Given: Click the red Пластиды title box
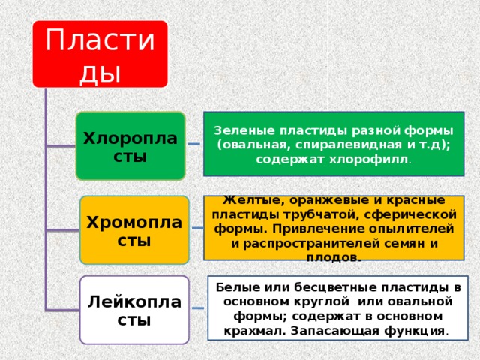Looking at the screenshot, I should (x=100, y=53).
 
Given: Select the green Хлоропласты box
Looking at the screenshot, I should (x=130, y=146).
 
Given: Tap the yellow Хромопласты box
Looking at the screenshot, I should (x=134, y=230).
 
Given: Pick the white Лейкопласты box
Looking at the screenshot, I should (x=134, y=310).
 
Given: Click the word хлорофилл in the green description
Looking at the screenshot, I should (x=372, y=159).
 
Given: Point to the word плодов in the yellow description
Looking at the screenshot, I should (x=333, y=257).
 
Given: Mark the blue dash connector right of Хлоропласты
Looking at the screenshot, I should (x=194, y=144).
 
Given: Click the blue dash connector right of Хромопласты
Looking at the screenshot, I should (x=196, y=228).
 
